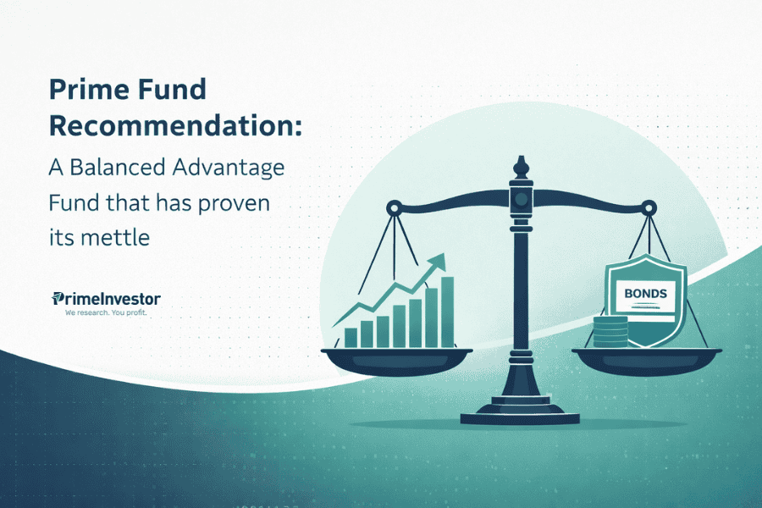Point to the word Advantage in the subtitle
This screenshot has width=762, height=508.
(x=228, y=167)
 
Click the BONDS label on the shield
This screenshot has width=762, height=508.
(x=645, y=294)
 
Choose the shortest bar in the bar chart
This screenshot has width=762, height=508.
(x=351, y=338)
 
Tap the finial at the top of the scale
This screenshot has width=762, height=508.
(x=522, y=166)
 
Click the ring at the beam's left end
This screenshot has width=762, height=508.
(x=395, y=206)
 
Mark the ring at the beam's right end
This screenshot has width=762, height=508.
(x=648, y=206)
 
